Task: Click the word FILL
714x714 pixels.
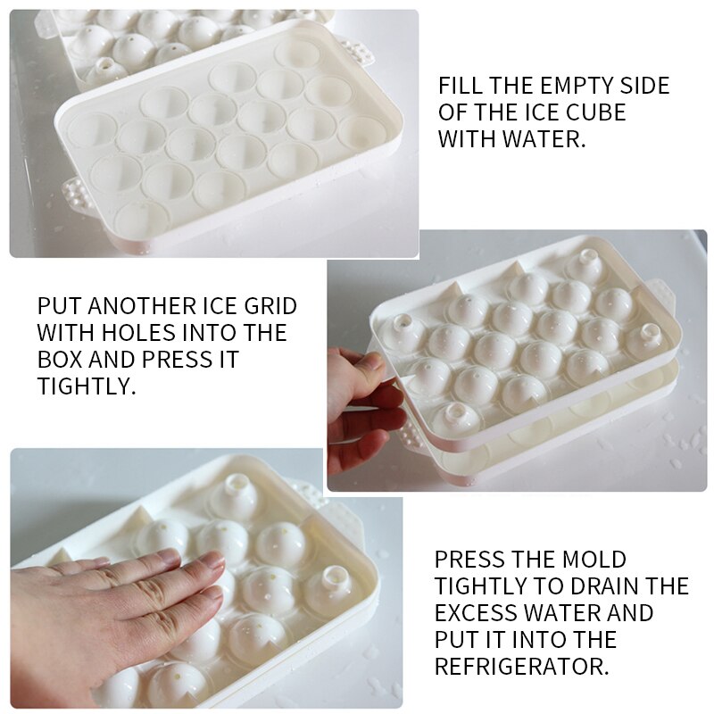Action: click(x=461, y=87)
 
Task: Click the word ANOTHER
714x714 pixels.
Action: click(x=125, y=306)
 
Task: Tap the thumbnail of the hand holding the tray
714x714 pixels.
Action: click(x=361, y=406)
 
